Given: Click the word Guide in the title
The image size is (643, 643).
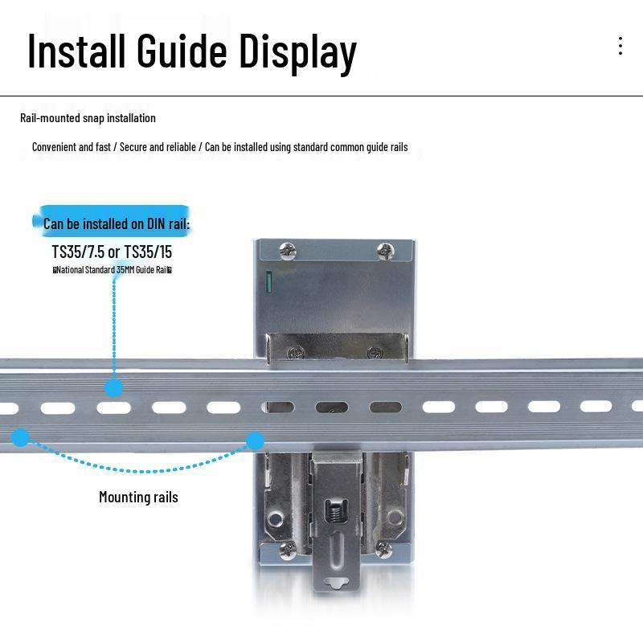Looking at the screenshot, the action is [x=182, y=51].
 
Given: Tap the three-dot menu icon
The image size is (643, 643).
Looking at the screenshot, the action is [x=620, y=46].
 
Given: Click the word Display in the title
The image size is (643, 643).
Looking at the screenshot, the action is [x=297, y=53].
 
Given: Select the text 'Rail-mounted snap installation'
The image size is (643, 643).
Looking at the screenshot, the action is [x=88, y=118].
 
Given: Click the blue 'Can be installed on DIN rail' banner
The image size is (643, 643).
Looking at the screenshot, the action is [x=113, y=222].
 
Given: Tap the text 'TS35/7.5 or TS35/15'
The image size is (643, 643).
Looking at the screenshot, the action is [x=112, y=252].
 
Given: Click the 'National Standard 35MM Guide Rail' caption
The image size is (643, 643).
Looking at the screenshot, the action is [x=112, y=269].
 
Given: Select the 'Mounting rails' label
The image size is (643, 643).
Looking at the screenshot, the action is [x=138, y=497].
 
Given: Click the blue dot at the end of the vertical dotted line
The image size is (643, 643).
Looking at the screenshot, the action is [x=113, y=387].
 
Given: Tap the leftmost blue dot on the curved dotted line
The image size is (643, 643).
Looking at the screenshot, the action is [x=20, y=437].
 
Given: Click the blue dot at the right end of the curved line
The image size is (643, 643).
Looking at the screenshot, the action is [x=255, y=440].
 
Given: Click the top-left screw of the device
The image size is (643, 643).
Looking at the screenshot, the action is [x=287, y=250].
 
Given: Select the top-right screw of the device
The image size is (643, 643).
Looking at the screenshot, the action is [x=386, y=251].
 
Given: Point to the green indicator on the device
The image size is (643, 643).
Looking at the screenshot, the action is [x=269, y=282].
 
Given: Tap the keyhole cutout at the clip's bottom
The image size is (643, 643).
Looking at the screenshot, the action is [x=336, y=583].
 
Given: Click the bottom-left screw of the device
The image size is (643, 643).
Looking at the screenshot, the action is [x=288, y=550].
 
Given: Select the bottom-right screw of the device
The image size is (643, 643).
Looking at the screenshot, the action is [x=383, y=548].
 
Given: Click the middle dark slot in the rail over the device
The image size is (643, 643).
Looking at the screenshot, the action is [x=332, y=408].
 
